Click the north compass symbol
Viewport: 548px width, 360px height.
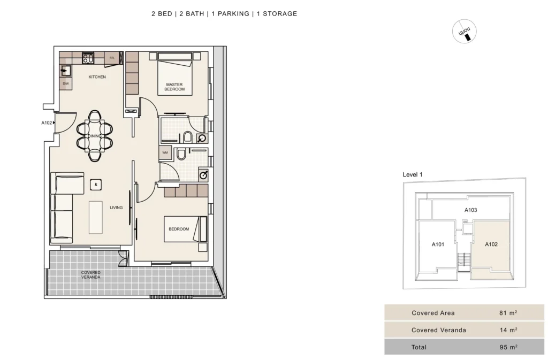point(465,32)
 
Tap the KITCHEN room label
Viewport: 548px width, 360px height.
point(97,77)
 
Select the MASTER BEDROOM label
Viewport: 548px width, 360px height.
point(174,87)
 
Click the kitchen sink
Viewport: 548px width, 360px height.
point(65,71)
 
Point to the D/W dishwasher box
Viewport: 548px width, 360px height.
point(66,84)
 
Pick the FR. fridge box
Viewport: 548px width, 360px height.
point(112,58)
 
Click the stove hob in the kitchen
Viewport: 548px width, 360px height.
point(88,58)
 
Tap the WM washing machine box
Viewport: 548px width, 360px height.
point(165,152)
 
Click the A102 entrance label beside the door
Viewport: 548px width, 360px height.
point(47,123)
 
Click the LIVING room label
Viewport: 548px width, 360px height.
point(116,208)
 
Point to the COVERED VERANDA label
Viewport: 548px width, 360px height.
point(91,275)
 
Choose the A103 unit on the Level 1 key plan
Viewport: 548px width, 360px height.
point(470,210)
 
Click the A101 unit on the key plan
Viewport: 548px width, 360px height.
point(438,244)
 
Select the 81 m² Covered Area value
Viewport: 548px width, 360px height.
point(508,313)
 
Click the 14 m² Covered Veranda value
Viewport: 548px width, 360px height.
point(508,330)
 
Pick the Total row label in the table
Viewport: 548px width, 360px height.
point(418,347)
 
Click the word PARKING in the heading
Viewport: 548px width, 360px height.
point(233,13)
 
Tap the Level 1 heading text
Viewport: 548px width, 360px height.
point(413,174)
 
